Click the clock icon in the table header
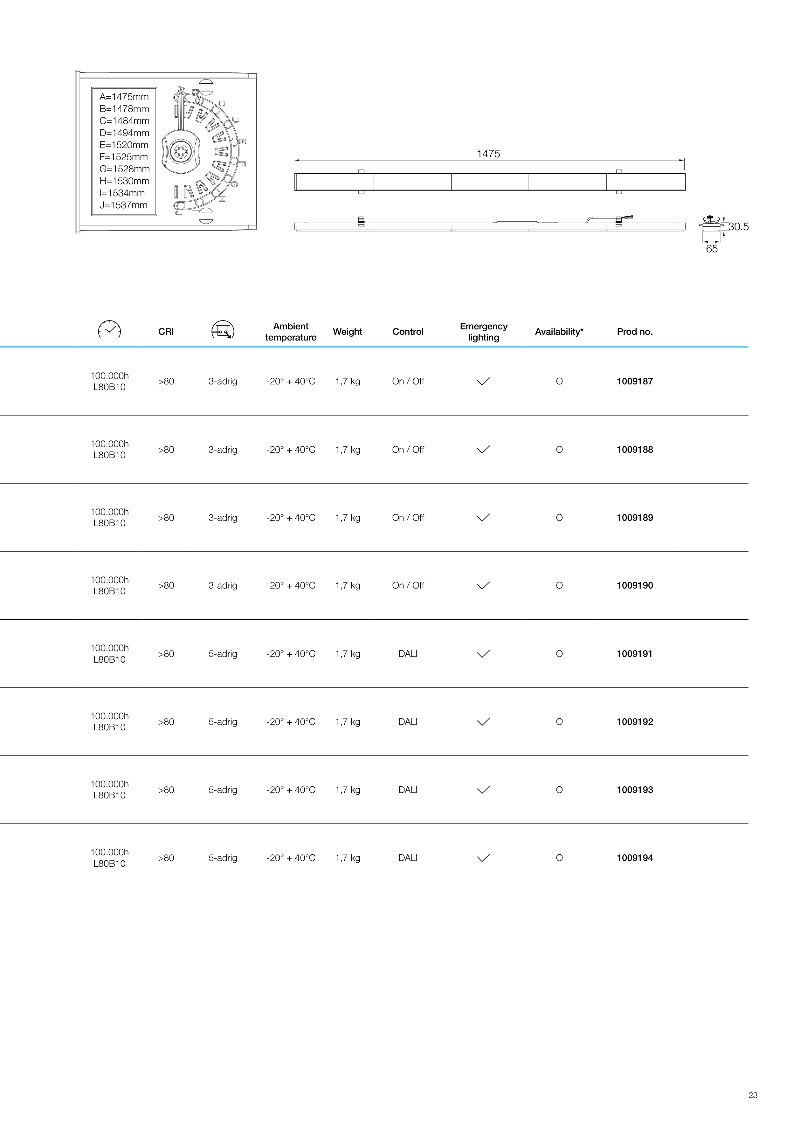(110, 330)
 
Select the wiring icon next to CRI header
(223, 330)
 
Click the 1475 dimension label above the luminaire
(488, 154)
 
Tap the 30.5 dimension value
(738, 227)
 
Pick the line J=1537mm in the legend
(123, 205)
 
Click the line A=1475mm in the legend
(124, 97)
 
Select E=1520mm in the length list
(124, 145)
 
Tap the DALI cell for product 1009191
(408, 654)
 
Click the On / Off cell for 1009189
(408, 518)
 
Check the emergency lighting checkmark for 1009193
(483, 789)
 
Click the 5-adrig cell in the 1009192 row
(223, 722)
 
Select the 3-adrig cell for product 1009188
(223, 450)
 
